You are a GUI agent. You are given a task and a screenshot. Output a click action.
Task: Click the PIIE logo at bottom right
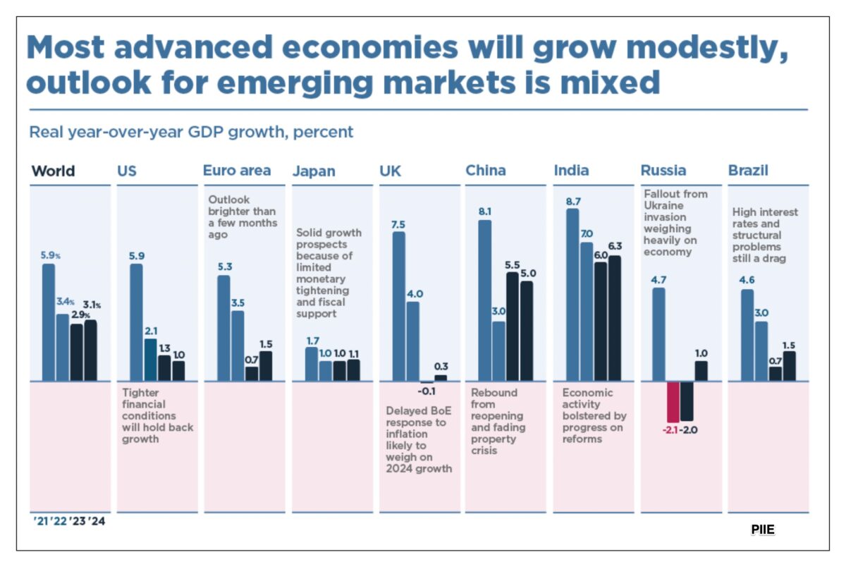pyautogui.click(x=763, y=529)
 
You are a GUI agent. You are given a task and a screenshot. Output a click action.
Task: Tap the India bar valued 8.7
pyautogui.click(x=572, y=295)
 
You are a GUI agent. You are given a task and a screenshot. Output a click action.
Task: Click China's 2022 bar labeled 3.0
pyautogui.click(x=498, y=350)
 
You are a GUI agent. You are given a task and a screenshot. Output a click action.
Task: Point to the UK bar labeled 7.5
pyautogui.click(x=398, y=306)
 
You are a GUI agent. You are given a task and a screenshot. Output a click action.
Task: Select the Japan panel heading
pyautogui.click(x=314, y=171)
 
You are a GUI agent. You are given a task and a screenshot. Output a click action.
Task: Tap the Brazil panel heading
pyautogui.click(x=748, y=171)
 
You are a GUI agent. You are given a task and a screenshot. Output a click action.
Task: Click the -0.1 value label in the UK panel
pyautogui.click(x=425, y=391)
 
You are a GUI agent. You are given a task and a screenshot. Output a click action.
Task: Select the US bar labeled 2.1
pyautogui.click(x=151, y=360)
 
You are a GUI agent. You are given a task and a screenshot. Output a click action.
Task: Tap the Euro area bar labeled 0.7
pyautogui.click(x=252, y=373)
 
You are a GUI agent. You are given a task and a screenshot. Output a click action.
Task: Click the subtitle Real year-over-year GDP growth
pyautogui.click(x=191, y=132)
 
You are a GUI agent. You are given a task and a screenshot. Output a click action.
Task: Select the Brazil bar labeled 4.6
pyautogui.click(x=747, y=335)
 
